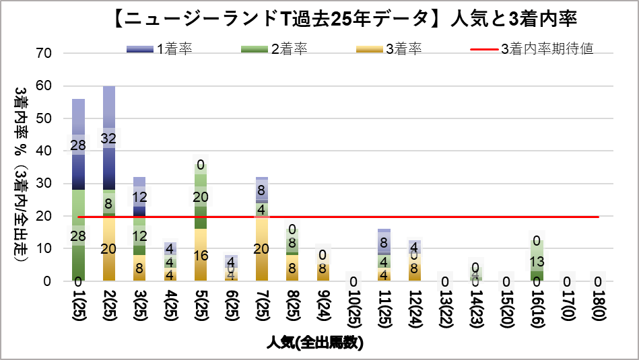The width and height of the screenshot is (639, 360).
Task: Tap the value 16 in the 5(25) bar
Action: click(x=200, y=256)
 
